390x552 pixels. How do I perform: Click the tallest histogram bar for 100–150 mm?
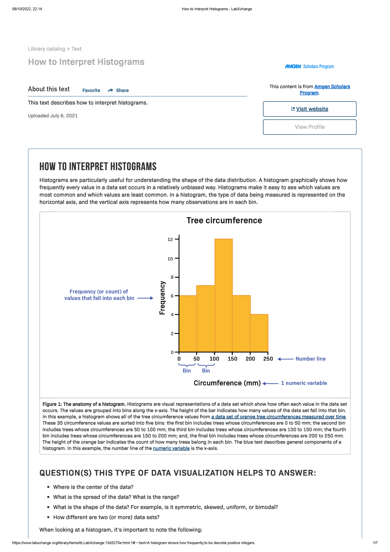click(x=224, y=295)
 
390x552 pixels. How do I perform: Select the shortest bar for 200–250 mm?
click(x=259, y=333)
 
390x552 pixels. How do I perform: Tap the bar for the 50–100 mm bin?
click(x=205, y=319)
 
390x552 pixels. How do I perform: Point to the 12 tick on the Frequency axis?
click(x=170, y=239)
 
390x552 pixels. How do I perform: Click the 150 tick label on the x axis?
click(x=232, y=359)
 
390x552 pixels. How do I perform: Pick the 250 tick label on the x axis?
click(x=268, y=359)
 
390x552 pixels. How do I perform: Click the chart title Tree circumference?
click(x=224, y=221)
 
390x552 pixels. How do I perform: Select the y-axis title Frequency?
click(x=162, y=298)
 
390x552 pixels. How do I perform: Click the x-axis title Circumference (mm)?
click(x=227, y=383)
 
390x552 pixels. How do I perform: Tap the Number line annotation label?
click(x=310, y=359)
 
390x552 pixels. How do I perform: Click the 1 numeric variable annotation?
click(x=304, y=383)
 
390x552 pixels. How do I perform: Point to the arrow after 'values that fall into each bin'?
click(x=145, y=298)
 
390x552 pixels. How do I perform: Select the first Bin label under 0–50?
click(x=187, y=371)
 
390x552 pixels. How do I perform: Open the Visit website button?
click(x=310, y=109)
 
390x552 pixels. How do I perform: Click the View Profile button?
click(x=310, y=127)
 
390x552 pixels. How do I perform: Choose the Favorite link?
click(x=91, y=90)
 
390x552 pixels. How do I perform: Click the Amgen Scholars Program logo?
click(x=309, y=66)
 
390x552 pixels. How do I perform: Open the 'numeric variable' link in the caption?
click(x=171, y=448)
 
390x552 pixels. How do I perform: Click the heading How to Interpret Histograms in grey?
click(x=86, y=62)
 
